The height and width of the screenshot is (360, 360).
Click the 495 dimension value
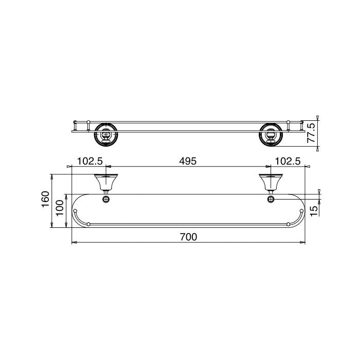188,161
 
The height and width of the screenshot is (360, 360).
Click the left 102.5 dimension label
91,161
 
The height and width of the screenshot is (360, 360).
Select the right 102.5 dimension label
287,161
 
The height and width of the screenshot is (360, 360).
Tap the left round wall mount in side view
105,134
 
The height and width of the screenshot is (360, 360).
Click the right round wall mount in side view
271,134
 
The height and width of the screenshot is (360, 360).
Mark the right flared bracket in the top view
271,182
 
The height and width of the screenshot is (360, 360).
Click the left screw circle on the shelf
106,199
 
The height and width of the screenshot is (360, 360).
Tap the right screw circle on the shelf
271,199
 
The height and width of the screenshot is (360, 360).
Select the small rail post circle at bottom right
288,224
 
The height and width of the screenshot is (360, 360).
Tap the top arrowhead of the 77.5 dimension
318,118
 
